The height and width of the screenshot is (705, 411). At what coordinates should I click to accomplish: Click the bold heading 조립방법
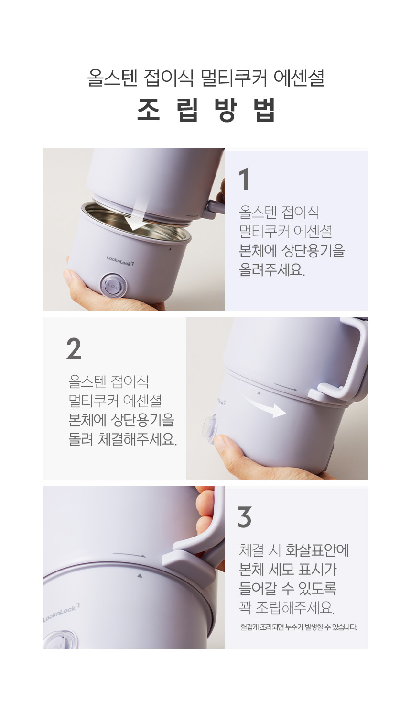pos(206,110)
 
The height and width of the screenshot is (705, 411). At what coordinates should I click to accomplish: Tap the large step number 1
pos(245,179)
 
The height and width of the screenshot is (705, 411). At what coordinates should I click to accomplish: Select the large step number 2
pos(74,348)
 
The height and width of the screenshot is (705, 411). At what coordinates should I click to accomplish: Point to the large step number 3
pos(244,517)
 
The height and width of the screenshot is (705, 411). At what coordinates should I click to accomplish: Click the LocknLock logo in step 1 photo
pos(120,260)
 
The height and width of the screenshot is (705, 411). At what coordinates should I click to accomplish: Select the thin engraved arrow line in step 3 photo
pos(129,555)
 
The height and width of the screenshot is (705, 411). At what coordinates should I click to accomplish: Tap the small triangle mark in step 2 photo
pos(259,393)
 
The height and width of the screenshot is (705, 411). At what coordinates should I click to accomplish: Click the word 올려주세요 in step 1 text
pos(272,270)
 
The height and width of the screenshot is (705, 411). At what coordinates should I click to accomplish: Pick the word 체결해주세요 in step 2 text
pos(138,439)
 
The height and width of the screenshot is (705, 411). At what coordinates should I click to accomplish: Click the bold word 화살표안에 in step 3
pos(317,550)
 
